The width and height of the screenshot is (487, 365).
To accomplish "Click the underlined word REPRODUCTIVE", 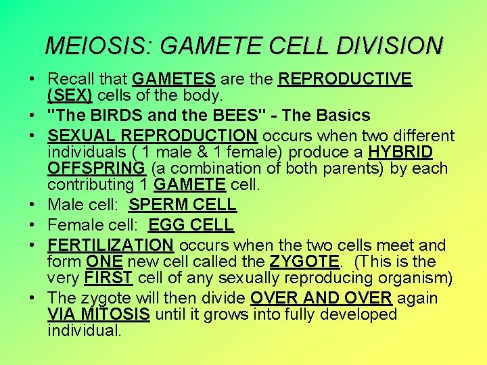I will [x=345, y=80].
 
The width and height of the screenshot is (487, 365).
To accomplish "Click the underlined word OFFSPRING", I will [x=96, y=168].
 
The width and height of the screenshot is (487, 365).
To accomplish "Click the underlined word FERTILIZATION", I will [x=111, y=245].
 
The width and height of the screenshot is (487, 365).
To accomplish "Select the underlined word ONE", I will [x=103, y=262].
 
